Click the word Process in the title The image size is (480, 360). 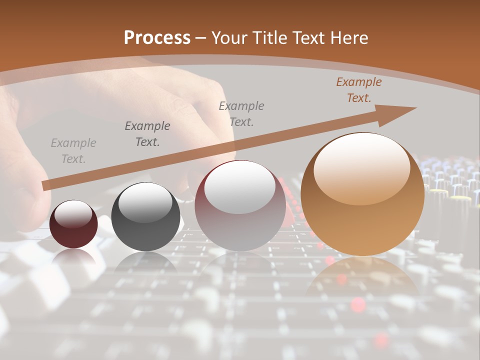(157, 38)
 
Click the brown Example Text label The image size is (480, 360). (358, 90)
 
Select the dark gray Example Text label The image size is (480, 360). (147, 134)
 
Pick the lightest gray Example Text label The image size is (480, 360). (73, 151)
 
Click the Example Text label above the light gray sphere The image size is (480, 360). (241, 114)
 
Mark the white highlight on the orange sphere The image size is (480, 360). (362, 167)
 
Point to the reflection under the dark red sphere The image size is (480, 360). (73, 257)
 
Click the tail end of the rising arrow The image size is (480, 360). (46, 186)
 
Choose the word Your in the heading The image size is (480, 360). (228, 38)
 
